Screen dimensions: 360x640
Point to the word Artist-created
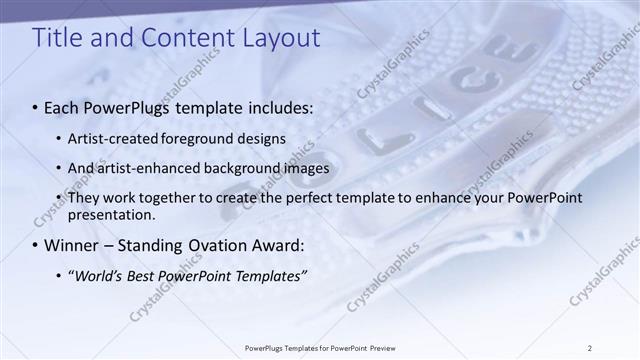click(x=113, y=138)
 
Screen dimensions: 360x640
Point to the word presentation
click(x=111, y=214)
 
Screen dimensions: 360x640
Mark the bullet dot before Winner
click(x=36, y=246)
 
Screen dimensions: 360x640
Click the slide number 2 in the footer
click(x=590, y=347)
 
